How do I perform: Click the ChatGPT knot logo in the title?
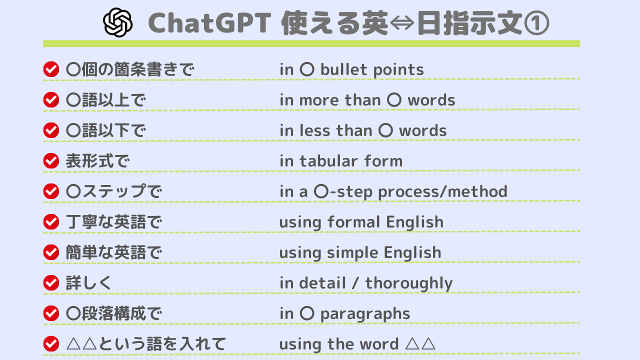117,22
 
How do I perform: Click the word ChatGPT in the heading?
209,23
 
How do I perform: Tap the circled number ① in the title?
536,23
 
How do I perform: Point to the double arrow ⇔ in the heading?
401,23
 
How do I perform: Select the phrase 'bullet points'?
372,69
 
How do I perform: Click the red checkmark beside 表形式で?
51,161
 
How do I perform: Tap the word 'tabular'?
328,161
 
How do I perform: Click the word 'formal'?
354,222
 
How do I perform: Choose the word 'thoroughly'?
409,283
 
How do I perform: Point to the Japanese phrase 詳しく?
88,283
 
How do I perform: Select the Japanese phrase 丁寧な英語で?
113,222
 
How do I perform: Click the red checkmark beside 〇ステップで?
51,191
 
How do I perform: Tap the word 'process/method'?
442,191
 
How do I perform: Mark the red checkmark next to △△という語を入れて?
51,343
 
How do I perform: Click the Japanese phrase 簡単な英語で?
113,252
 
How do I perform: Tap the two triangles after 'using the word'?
420,344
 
